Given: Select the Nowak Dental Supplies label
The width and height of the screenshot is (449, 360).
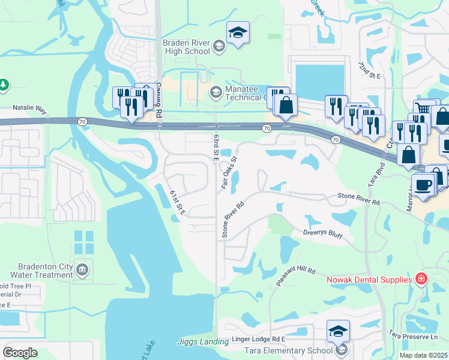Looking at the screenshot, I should pyautogui.click(x=369, y=280).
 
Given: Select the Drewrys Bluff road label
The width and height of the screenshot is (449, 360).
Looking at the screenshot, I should pyautogui.click(x=322, y=234).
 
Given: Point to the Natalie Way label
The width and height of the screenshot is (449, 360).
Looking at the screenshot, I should pyautogui.click(x=29, y=110).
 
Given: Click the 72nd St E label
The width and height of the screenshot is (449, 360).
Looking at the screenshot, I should pyautogui.click(x=369, y=70).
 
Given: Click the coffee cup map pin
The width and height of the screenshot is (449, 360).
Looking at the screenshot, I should pyautogui.click(x=423, y=184).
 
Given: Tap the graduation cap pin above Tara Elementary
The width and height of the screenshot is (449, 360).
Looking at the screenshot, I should pyautogui.click(x=338, y=331).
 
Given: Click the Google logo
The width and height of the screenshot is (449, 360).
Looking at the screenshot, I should pyautogui.click(x=20, y=353).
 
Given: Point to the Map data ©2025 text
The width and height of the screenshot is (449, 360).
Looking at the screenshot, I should pyautogui.click(x=423, y=355).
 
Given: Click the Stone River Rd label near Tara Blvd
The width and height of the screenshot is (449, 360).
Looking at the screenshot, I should pyautogui.click(x=359, y=199).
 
